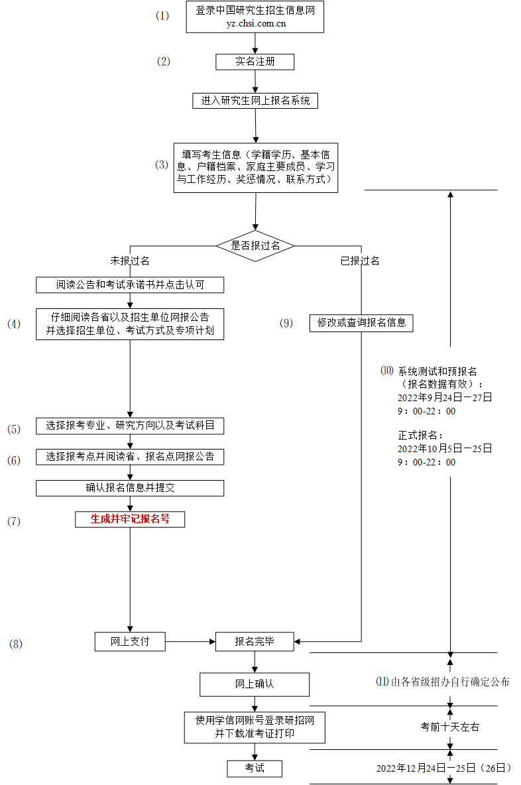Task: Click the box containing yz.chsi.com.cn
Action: click(x=255, y=17)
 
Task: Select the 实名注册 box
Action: click(x=255, y=62)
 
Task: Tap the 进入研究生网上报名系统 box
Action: click(x=255, y=101)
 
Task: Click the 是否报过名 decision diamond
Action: click(x=255, y=245)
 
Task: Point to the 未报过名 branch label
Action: click(x=130, y=261)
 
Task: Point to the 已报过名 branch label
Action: click(x=360, y=261)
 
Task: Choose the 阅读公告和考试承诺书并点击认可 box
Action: click(x=130, y=285)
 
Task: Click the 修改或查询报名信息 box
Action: click(x=361, y=323)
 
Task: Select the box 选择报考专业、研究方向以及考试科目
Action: click(x=130, y=426)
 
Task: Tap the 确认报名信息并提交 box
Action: click(x=130, y=488)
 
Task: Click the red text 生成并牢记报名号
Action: click(x=130, y=519)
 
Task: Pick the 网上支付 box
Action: click(x=130, y=641)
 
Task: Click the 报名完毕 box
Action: click(x=255, y=641)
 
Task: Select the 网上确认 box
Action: click(x=255, y=684)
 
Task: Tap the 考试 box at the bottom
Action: click(x=255, y=768)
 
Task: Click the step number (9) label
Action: click(x=286, y=324)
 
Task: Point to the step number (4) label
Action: click(x=14, y=324)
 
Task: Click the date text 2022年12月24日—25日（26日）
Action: click(x=444, y=768)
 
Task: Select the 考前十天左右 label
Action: click(x=450, y=727)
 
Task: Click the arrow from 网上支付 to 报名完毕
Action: click(x=190, y=641)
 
